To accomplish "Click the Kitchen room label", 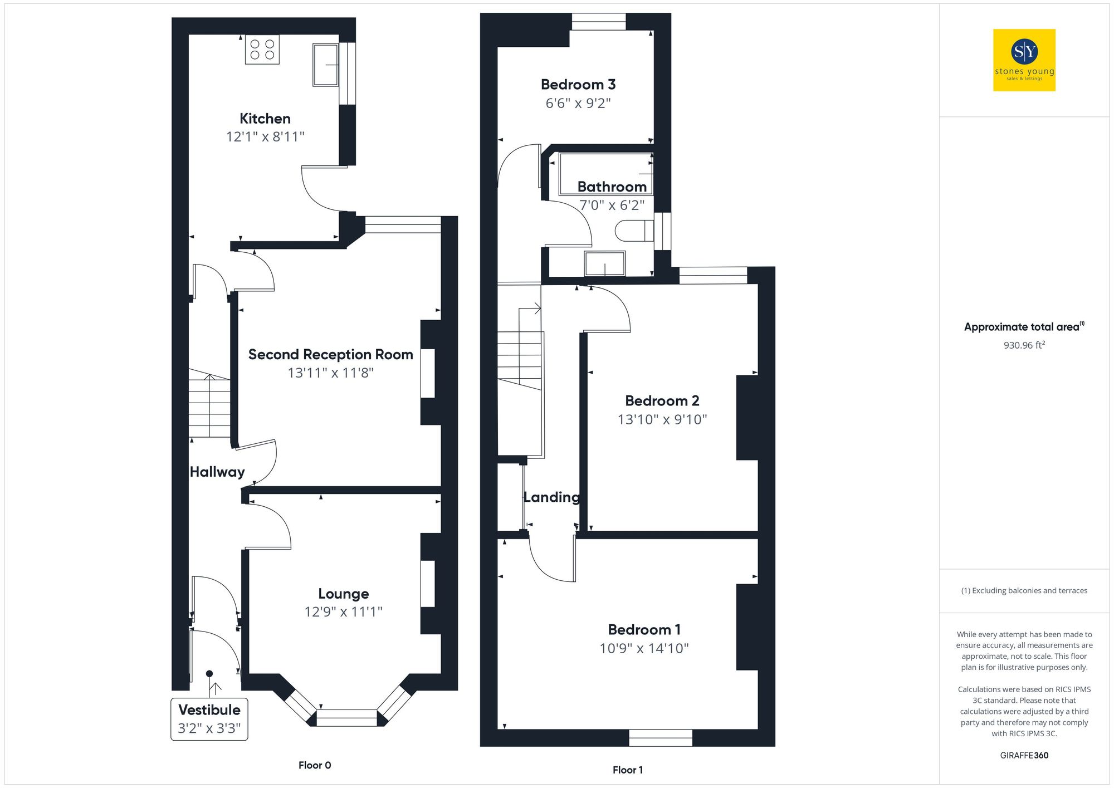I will tap(265, 119).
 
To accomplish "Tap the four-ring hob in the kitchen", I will tap(262, 50).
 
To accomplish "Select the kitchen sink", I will tap(326, 65).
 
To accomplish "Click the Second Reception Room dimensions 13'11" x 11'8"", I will tap(330, 373).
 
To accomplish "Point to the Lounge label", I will tap(343, 594).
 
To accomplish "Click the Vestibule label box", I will tap(209, 718).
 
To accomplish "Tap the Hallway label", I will tap(217, 472).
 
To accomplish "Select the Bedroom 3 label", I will tap(578, 85).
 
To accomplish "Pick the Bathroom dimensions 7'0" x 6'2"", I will tap(612, 205).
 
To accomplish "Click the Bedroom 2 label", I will tap(662, 401).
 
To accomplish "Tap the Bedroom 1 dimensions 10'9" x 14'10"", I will tap(644, 648).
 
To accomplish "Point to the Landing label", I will tap(551, 497).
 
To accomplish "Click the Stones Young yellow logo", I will tap(1024, 60).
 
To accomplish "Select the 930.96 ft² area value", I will tap(1024, 345).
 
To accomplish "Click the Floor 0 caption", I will tap(315, 765).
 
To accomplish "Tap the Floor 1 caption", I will tap(627, 770).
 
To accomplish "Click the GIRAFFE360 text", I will tap(1024, 755).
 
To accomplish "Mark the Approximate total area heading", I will tap(1024, 327).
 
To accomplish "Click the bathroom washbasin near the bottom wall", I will tap(605, 263).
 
